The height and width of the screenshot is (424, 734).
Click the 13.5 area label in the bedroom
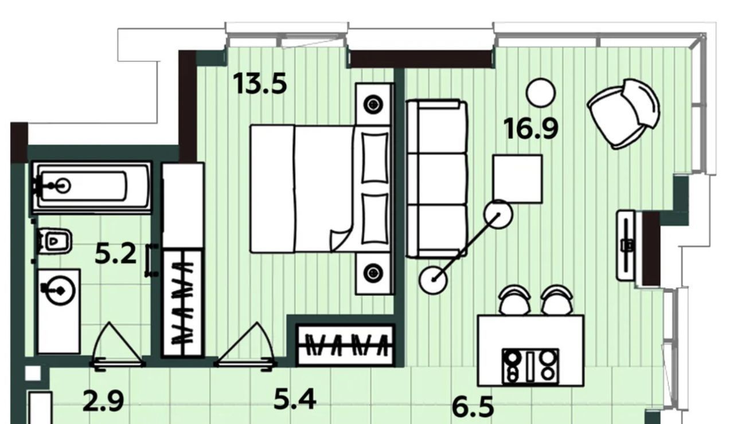coord(260,84)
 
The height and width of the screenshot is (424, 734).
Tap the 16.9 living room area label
coord(531,129)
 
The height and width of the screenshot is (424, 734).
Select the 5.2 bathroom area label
coord(116,254)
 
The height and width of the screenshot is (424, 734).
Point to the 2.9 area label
coord(104,402)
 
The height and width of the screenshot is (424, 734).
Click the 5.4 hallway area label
coord(295,399)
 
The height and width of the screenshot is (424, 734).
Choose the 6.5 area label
coord(473,407)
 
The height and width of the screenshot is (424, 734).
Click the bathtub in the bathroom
coord(92,187)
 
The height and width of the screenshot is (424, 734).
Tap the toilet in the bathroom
coord(54,241)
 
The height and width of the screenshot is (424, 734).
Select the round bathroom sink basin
coord(60,290)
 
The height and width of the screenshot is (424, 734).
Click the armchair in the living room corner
coord(623,113)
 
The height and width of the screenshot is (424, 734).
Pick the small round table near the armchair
coord(541,93)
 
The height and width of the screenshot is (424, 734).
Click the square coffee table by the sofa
coord(518,179)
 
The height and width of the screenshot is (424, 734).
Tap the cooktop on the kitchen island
coord(530,366)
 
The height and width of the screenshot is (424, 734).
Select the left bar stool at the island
coord(514,300)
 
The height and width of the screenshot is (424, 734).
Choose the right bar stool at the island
coord(557,300)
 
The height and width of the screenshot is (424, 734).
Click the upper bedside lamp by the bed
coord(373,105)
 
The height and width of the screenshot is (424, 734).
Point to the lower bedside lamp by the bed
coord(373,272)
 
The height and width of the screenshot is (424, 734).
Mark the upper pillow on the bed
coord(375,157)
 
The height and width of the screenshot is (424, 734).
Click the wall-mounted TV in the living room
coord(626,246)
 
